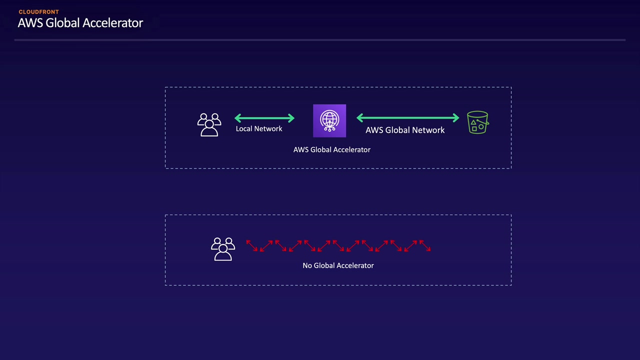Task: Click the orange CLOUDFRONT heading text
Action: point(39,12)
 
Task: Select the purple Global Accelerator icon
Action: point(329,120)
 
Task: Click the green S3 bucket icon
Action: point(477,122)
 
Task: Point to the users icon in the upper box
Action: point(209,125)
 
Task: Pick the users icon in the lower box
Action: point(223,249)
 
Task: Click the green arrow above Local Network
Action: point(264,118)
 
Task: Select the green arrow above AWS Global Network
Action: point(407,117)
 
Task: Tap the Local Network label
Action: point(259,129)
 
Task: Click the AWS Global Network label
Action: point(405,130)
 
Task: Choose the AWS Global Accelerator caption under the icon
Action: point(331,149)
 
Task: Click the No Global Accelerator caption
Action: point(338,265)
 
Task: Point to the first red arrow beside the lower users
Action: point(251,245)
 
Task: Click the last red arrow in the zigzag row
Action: point(425,245)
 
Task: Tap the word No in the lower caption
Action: point(307,265)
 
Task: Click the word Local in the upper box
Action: point(243,129)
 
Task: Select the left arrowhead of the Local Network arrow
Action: point(237,118)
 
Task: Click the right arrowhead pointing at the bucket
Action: point(456,117)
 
